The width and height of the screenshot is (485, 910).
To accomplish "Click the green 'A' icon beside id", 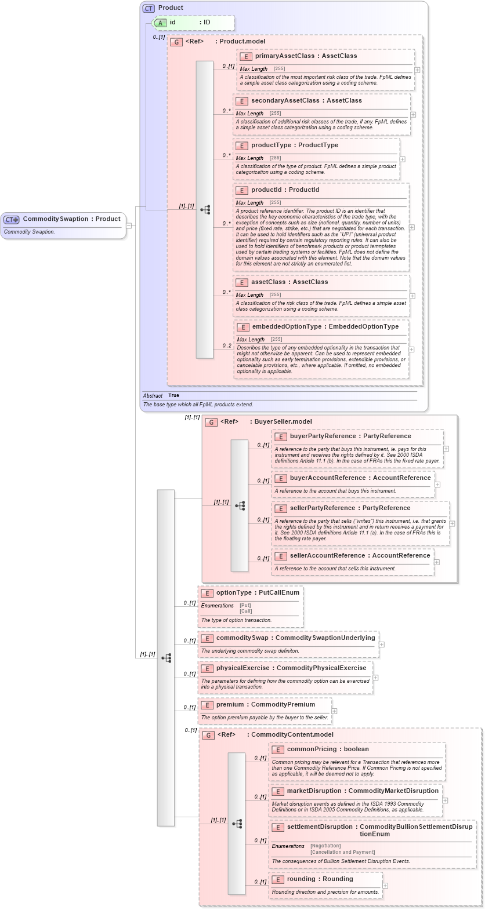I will (160, 23).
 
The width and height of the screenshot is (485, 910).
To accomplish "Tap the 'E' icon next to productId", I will (241, 190).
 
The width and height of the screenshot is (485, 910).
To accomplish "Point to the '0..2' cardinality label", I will (226, 346).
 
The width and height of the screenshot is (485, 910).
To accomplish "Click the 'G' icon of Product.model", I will (176, 42).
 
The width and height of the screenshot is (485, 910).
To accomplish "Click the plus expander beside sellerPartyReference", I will (452, 523).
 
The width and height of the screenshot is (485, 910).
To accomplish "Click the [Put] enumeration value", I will (245, 605).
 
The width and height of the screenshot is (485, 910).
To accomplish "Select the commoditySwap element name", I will (242, 638).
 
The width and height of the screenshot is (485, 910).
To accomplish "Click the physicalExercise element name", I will (242, 668).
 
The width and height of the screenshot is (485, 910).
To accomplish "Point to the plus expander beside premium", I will (334, 711).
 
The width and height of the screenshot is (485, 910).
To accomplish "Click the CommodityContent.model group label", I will (292, 735).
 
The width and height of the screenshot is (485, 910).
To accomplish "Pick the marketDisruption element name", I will (314, 791).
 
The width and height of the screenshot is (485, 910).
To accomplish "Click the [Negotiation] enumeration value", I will (325, 846).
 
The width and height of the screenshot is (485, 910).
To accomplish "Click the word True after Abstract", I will (173, 395).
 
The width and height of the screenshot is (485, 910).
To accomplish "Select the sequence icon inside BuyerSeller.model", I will (240, 505).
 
